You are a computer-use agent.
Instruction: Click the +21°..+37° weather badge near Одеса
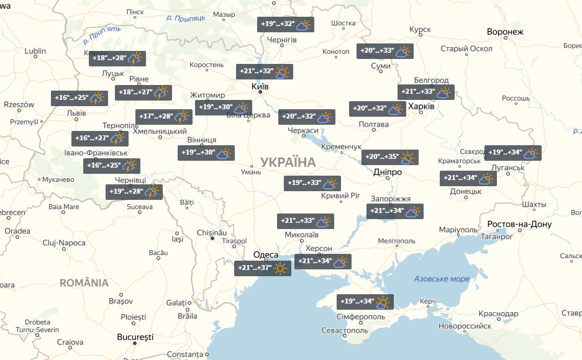point(263,268)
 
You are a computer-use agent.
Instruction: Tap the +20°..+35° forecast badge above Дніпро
point(390,158)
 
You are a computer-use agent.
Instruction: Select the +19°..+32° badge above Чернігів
point(286,25)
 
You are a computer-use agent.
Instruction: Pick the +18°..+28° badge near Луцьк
point(117,58)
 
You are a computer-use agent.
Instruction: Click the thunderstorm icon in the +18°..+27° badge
point(162,93)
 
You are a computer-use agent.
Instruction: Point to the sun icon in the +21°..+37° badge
point(281,268)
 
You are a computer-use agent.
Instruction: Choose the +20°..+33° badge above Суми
point(386,52)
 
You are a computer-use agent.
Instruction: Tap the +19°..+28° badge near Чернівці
point(134,192)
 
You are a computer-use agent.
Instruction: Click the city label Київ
point(260,86)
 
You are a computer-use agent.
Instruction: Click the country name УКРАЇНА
point(288,162)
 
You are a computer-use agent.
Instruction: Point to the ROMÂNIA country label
point(84,283)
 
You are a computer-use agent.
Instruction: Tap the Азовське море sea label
point(442,279)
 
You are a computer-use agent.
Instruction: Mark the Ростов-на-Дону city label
point(519,224)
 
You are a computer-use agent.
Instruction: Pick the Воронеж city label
point(506,32)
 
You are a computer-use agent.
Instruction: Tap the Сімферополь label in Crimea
point(352,316)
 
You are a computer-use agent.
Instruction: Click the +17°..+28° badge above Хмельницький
point(163,117)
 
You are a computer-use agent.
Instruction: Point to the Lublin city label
point(35,51)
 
